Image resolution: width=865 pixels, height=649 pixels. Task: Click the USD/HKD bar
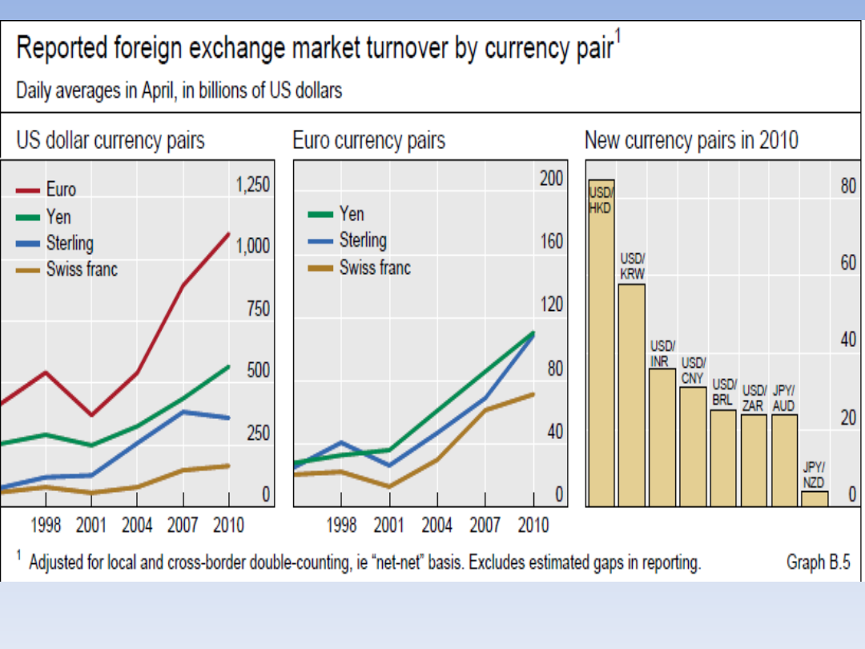click(601, 345)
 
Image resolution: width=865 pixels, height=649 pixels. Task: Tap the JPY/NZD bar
click(815, 498)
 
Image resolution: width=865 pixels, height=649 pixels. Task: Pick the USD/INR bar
click(662, 437)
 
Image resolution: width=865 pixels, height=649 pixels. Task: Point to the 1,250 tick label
click(252, 185)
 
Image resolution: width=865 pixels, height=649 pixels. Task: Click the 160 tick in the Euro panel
click(551, 241)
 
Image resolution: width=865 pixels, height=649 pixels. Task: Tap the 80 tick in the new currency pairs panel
click(848, 187)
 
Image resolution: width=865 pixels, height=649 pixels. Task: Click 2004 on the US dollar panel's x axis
click(137, 526)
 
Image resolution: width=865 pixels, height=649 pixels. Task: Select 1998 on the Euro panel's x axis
click(342, 526)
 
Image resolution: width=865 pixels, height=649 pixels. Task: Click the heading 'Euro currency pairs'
click(368, 142)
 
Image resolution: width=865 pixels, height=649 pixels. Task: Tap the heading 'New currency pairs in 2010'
click(691, 141)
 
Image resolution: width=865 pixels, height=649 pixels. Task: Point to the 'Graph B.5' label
click(818, 562)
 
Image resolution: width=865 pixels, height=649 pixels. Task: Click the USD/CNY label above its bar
click(693, 370)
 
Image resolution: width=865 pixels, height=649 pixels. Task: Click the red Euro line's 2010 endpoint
click(229, 234)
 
